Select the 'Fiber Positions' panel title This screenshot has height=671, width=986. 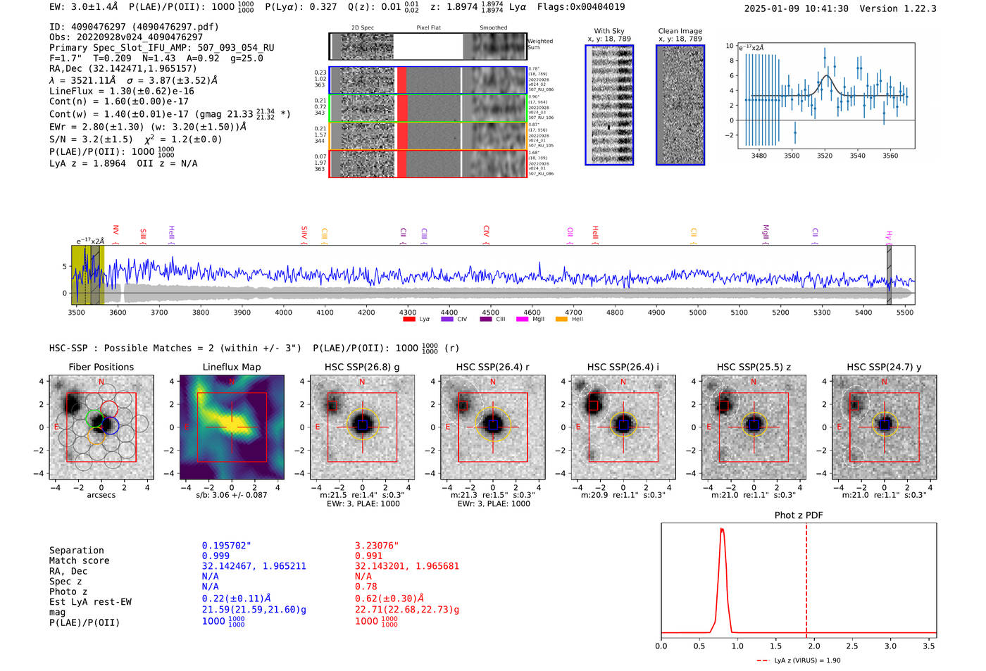[x=101, y=367]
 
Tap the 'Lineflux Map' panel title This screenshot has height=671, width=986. [x=232, y=367]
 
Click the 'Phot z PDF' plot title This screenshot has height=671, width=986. [x=799, y=515]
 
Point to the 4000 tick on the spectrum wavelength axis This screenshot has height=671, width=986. [x=284, y=312]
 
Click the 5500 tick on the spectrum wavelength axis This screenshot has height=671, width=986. [x=905, y=312]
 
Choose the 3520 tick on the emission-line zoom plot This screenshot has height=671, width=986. [x=825, y=156]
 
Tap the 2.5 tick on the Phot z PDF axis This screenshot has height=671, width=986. [x=852, y=646]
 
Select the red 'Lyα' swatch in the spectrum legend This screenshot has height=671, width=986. [x=409, y=319]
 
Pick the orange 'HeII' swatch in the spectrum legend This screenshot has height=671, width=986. [x=561, y=319]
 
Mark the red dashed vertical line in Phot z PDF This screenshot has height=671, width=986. [x=806, y=577]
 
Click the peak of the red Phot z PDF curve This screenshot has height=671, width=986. [x=722, y=529]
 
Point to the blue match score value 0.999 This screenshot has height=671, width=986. [x=216, y=556]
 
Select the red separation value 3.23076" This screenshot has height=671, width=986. [x=377, y=546]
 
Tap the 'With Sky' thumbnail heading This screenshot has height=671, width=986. [x=609, y=31]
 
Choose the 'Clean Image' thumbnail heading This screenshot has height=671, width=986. [x=680, y=31]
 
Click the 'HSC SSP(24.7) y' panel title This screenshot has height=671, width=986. [x=884, y=367]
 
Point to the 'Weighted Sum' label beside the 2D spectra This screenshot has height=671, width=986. [x=540, y=44]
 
